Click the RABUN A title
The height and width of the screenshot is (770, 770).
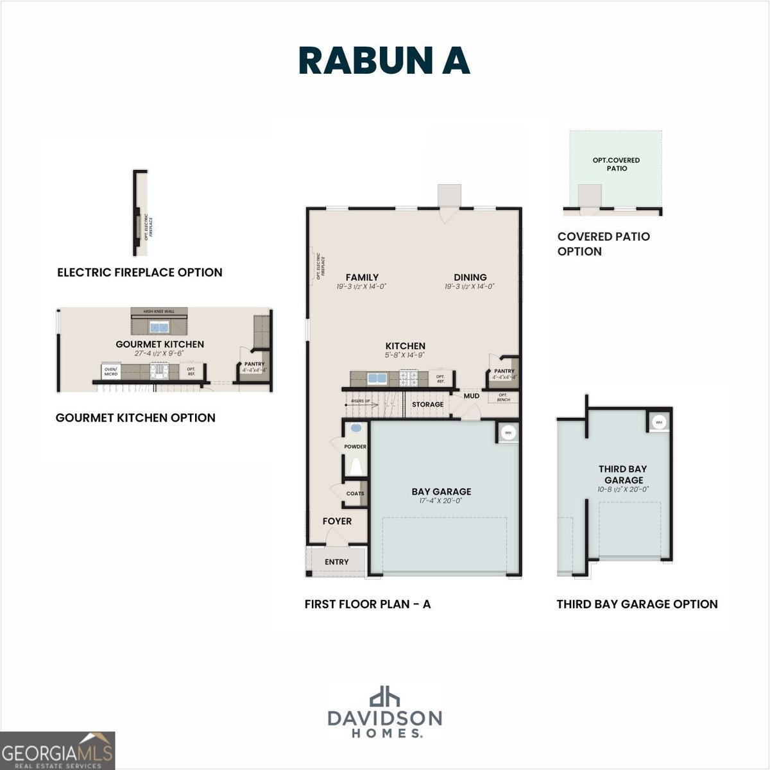coord(384,61)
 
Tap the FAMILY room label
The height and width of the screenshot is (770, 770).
coord(362,277)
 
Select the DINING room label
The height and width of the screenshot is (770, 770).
coord(470,277)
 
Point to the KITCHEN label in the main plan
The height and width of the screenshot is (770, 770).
coord(405,346)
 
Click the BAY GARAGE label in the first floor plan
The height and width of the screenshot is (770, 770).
coord(441,492)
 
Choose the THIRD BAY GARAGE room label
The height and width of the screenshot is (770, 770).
coord(623,475)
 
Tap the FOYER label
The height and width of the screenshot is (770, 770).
coord(337,521)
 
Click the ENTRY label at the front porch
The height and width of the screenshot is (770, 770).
coord(336,561)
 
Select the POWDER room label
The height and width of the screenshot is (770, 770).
coord(355,447)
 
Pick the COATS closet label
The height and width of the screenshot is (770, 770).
coord(355,493)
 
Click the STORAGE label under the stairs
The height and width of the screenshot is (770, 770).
coord(427,404)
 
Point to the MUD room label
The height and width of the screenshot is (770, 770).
coord(472,396)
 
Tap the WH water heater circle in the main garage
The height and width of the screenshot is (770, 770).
coord(508,432)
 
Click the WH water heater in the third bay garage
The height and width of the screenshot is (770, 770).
coord(659,422)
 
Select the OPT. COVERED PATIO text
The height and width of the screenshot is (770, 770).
coord(616,164)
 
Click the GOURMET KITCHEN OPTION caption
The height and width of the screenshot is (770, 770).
coord(135,418)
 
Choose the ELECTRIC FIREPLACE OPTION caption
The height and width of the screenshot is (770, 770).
coord(140,272)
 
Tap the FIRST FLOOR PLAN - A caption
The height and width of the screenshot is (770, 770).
coord(368,604)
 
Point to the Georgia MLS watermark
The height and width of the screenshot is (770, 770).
coord(58,751)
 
